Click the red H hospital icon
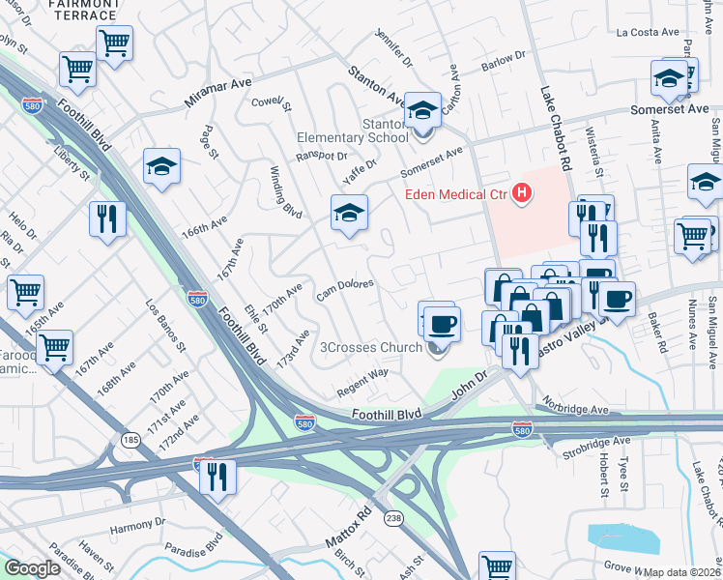523,194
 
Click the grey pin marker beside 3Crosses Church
436,349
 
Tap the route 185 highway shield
130,441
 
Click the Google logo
32,568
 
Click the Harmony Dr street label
138,529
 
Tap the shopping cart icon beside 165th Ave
25,292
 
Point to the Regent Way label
362,382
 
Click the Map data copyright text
682,572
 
